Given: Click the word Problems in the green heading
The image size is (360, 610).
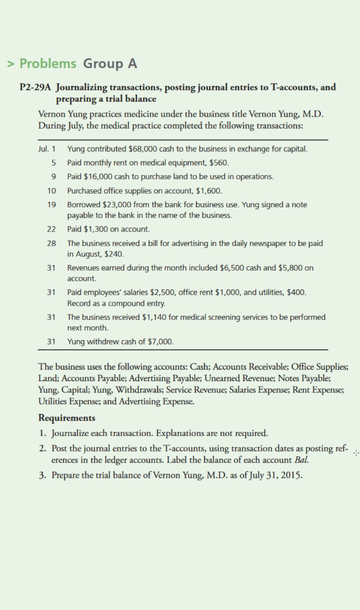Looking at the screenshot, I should (48, 64).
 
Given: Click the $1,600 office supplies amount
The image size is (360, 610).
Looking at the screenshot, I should (209, 191).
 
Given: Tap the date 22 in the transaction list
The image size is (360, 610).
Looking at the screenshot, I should (51, 229).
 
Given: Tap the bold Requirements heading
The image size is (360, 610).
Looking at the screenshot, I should (66, 418).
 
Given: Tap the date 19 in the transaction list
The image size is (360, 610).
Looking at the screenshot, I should (51, 204).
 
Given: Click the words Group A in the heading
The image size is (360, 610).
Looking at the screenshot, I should (110, 64).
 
